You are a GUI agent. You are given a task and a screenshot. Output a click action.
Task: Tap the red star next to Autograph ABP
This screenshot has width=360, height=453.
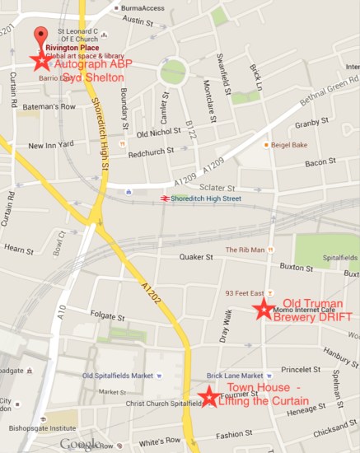click(x=40, y=60)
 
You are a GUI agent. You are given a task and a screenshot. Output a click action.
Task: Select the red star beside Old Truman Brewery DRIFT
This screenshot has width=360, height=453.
click(x=264, y=309)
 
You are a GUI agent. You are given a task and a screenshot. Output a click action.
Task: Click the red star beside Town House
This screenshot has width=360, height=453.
click(x=209, y=397)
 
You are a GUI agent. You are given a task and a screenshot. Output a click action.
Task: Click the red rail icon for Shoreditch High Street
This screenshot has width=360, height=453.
click(x=166, y=198)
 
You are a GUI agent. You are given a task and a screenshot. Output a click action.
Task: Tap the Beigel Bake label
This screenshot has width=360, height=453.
click(x=290, y=145)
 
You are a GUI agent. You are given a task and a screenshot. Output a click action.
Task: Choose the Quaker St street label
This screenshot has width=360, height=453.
click(x=196, y=257)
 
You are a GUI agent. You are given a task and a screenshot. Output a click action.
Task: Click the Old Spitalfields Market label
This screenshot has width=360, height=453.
click(x=117, y=376)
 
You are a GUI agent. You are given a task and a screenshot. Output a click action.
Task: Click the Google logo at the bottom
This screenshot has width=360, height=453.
click(x=81, y=445)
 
